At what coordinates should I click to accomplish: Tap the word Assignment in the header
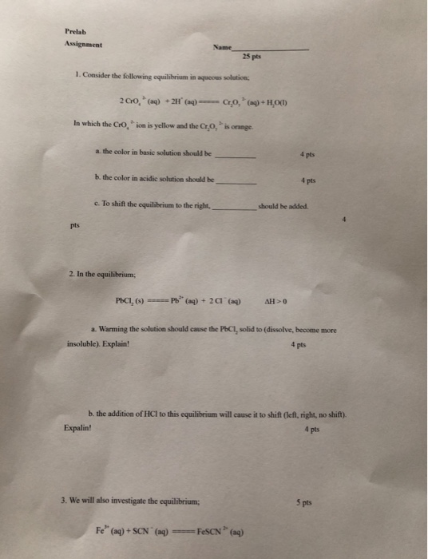coord(83,46)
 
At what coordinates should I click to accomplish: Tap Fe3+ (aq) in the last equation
coord(112,531)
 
